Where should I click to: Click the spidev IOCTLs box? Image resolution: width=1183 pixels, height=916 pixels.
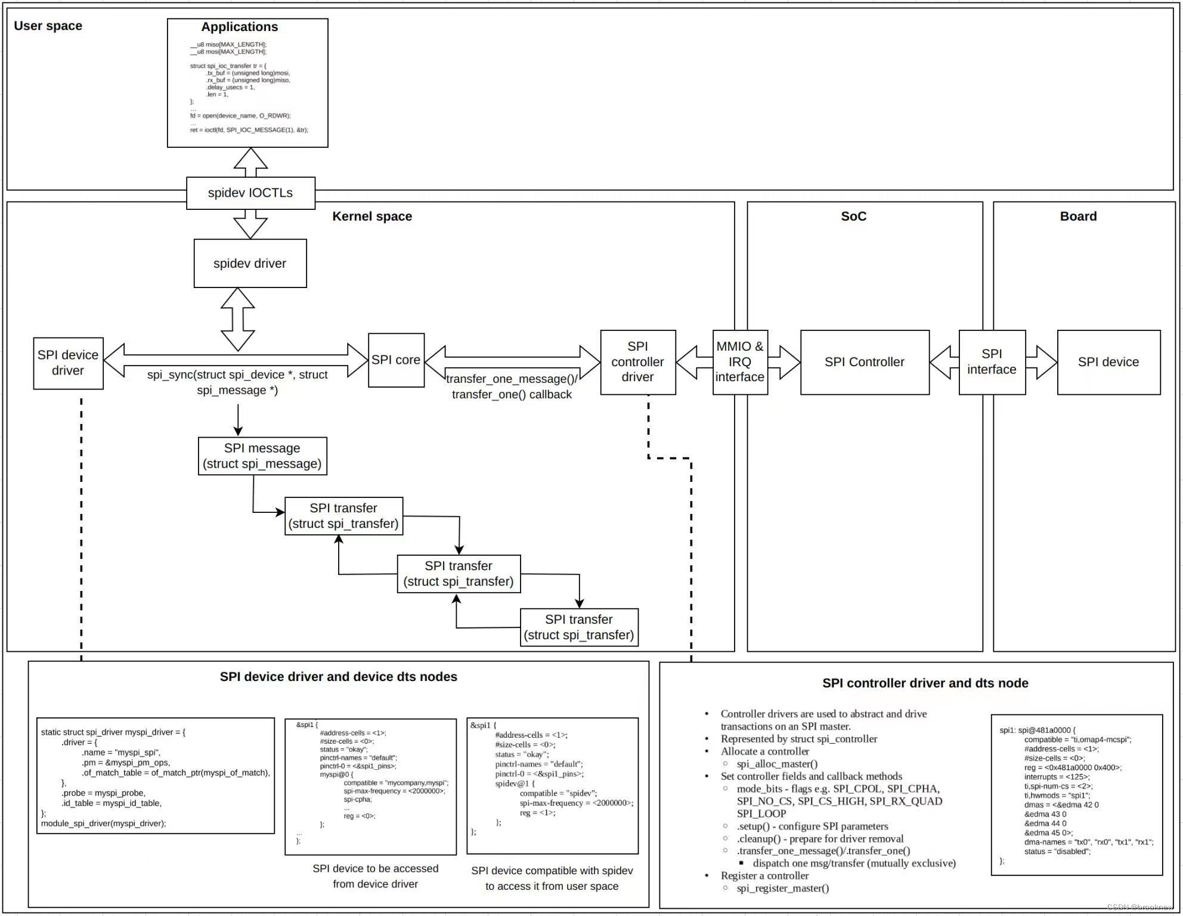pos(250,193)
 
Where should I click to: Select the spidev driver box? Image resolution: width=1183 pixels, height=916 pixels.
pos(250,264)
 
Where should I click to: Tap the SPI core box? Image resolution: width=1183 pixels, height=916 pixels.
pos(396,360)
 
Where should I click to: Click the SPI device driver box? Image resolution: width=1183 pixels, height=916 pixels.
pos(68,363)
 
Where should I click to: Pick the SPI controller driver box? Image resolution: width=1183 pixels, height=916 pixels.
pos(637,362)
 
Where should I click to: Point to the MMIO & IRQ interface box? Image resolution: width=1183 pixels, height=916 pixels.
pos(739,362)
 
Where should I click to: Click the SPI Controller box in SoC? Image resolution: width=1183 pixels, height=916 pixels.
pos(864,362)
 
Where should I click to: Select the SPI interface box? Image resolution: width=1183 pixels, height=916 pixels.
pos(992,362)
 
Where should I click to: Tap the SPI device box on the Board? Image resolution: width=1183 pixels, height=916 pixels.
pos(1108,362)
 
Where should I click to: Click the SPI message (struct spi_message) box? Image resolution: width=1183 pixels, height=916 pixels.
pos(262,456)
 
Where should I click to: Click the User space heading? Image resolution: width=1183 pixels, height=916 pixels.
pos(48,26)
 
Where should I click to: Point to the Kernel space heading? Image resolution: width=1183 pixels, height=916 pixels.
pos(372,216)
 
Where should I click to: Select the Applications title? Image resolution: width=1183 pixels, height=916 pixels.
pos(239,27)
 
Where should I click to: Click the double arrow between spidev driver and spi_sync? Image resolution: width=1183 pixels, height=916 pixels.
pos(238,320)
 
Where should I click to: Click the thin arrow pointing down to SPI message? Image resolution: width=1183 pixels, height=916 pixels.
pos(238,420)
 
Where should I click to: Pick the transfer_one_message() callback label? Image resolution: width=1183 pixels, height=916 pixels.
pos(512,386)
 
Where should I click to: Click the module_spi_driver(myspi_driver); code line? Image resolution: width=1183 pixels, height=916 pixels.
pos(104,824)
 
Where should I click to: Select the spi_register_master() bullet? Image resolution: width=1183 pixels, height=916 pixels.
pos(782,888)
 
